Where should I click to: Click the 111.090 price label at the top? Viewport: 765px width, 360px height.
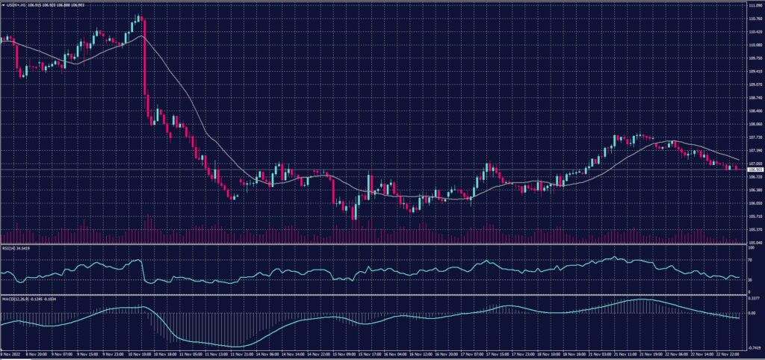coord(754,5)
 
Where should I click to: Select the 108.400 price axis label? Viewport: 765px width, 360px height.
coord(754,111)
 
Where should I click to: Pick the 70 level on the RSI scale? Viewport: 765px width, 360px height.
coord(750,260)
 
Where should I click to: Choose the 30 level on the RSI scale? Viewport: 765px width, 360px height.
coord(750,279)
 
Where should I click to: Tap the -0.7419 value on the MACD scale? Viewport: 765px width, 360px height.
coord(753,347)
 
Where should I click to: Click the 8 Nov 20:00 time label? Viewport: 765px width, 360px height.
coord(40,355)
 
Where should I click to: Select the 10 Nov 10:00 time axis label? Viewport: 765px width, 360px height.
coord(141,355)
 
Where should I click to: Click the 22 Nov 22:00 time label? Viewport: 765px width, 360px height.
coord(728,355)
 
